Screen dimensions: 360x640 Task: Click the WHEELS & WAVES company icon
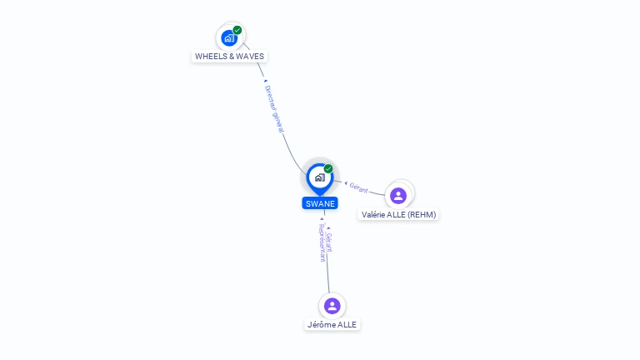point(229,38)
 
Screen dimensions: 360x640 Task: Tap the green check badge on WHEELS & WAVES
point(237,30)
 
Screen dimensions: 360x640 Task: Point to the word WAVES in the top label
point(251,57)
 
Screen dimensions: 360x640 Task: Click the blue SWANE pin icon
point(319,177)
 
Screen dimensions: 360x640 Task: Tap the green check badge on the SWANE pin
point(328,168)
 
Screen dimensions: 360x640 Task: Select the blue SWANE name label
point(320,203)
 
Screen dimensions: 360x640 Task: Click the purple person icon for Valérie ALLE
point(398,196)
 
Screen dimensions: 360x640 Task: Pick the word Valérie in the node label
point(377,214)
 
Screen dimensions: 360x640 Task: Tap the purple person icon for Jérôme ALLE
point(332,306)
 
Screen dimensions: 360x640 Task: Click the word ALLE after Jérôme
point(348,324)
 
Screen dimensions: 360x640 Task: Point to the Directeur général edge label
point(274,108)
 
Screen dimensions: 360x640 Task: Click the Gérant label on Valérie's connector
point(358,187)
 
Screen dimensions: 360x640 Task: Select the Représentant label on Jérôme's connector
point(322,243)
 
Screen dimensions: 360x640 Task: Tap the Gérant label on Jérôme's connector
point(329,242)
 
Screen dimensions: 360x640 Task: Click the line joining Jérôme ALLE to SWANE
point(327,275)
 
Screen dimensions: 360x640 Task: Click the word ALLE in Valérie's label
point(398,214)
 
